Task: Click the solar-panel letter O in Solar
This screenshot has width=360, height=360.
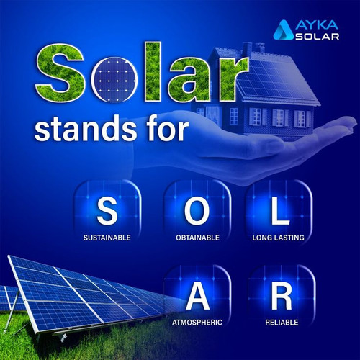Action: pyautogui.click(x=113, y=78)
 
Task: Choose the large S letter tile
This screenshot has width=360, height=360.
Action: pyautogui.click(x=107, y=211)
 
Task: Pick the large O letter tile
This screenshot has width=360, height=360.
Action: pyautogui.click(x=197, y=211)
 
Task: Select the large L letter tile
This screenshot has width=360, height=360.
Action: pyautogui.click(x=284, y=211)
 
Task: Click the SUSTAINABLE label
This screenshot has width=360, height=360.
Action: pyautogui.click(x=107, y=237)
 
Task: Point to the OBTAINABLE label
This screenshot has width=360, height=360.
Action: pyautogui.click(x=197, y=237)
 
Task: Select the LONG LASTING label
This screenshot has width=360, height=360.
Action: pyautogui.click(x=284, y=237)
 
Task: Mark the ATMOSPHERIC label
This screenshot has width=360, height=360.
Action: pyautogui.click(x=197, y=322)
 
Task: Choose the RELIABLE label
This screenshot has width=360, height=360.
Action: pyautogui.click(x=284, y=322)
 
